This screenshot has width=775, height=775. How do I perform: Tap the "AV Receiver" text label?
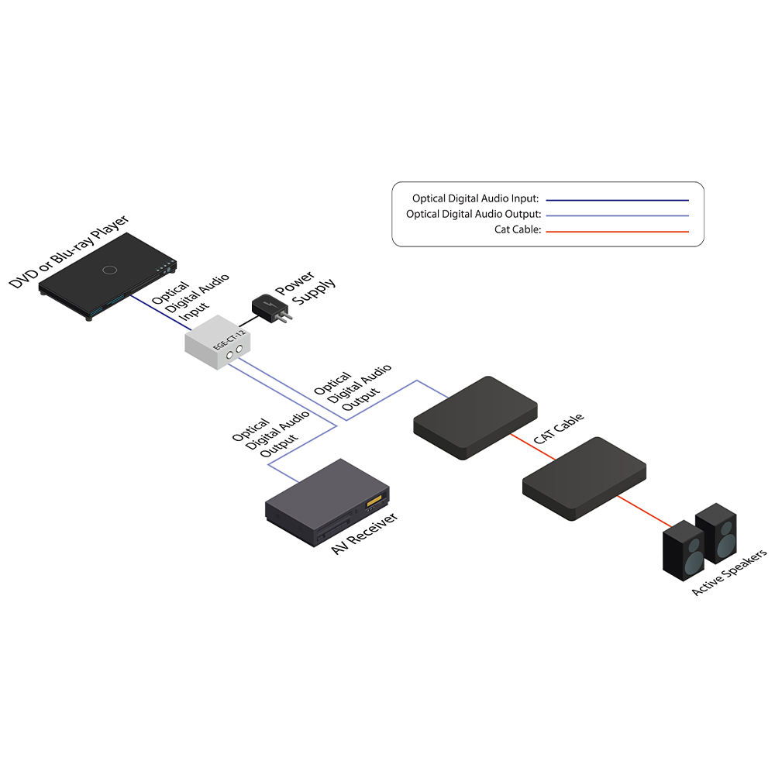point(364,533)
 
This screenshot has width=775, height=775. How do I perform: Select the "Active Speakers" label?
point(729,572)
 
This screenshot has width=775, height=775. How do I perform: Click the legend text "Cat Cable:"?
point(516,230)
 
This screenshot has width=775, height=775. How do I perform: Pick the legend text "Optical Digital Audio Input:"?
point(475,198)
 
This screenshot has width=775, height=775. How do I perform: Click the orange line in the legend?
point(617,231)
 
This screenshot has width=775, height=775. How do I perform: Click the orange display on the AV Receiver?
point(374,502)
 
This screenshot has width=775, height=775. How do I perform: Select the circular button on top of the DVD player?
point(109,270)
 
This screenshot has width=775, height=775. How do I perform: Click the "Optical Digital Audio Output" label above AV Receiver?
point(270,438)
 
